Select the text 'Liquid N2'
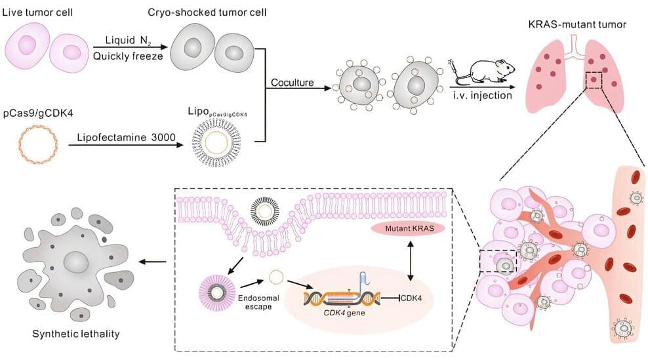point(122,40)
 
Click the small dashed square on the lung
point(594,81)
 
